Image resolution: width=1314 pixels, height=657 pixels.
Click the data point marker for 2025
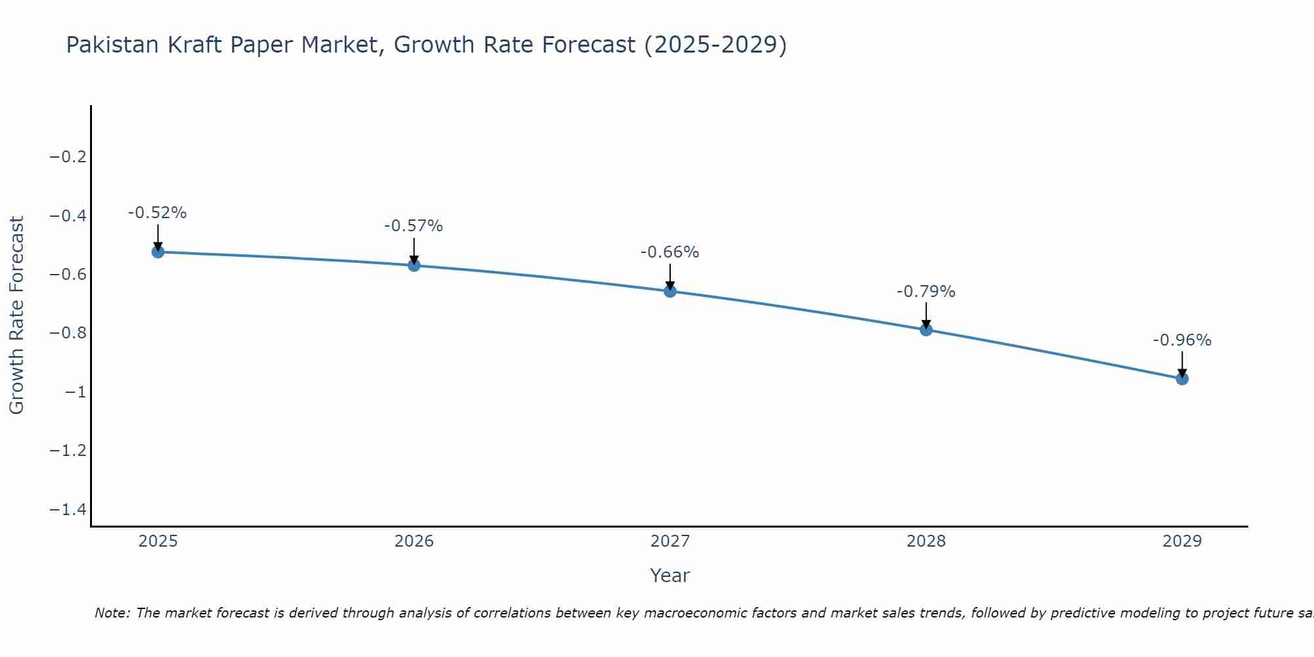click(158, 252)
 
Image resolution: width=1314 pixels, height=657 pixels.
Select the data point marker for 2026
click(414, 265)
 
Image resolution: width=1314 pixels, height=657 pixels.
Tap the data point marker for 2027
click(670, 291)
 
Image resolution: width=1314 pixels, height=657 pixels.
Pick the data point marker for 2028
click(926, 330)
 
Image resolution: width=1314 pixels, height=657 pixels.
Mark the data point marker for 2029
click(1182, 378)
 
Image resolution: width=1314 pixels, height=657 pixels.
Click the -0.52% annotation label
click(158, 213)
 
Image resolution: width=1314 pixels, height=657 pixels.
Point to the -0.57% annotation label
click(414, 226)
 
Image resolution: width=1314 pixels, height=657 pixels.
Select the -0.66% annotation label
click(670, 252)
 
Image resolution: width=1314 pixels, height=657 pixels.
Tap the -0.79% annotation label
click(926, 292)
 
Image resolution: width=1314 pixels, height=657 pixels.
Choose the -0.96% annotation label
click(1182, 340)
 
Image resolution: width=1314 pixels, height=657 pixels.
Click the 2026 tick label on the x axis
click(414, 541)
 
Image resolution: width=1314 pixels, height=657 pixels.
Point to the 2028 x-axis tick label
click(926, 541)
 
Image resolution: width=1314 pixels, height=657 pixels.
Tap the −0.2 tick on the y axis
click(68, 157)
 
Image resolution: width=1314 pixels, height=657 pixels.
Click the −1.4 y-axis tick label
click(68, 510)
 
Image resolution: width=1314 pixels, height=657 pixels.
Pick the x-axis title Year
click(670, 576)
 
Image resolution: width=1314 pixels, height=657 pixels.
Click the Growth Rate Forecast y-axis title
click(16, 315)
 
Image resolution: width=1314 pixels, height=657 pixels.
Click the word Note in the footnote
click(112, 613)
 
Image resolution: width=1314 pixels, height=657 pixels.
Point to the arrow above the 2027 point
click(670, 276)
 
